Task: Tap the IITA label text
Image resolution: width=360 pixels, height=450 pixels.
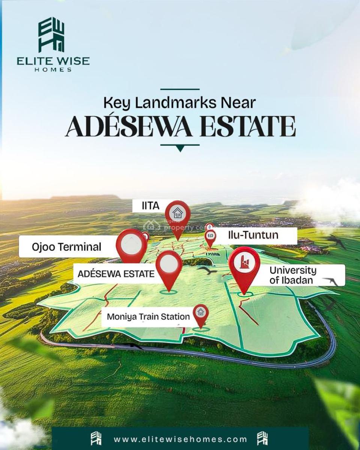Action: [x=150, y=205]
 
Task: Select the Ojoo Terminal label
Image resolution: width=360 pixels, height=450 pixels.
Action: [x=66, y=247]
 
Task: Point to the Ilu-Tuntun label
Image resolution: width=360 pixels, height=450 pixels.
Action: [x=253, y=235]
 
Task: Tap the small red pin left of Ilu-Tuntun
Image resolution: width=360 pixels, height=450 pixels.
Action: [x=211, y=237]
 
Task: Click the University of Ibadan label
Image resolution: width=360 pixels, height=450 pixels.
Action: [x=293, y=275]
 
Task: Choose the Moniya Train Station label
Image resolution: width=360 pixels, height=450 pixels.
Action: [x=148, y=316]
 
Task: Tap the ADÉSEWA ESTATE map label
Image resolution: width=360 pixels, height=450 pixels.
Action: [x=115, y=274]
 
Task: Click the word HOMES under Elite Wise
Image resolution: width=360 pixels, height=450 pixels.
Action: [x=53, y=69]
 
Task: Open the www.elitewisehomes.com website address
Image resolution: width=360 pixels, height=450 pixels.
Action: [x=180, y=439]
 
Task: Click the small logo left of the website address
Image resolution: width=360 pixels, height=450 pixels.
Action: [x=96, y=439]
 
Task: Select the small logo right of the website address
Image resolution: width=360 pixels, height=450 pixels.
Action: [x=262, y=439]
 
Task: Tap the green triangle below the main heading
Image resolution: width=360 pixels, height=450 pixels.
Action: [x=180, y=148]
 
